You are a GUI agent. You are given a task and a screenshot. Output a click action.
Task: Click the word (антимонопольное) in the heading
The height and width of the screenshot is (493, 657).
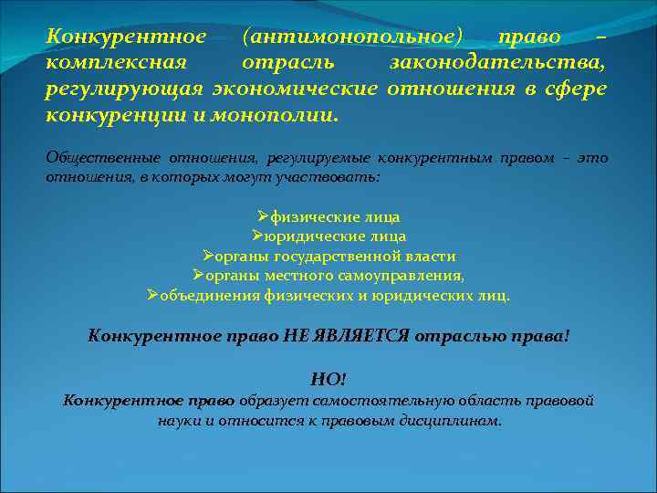(353, 37)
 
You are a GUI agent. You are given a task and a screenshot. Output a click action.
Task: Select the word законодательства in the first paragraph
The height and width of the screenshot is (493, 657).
(497, 63)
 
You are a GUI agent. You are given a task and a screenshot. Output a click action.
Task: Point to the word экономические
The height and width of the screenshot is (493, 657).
(295, 89)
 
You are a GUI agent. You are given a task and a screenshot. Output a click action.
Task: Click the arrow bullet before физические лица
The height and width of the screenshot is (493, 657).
(263, 216)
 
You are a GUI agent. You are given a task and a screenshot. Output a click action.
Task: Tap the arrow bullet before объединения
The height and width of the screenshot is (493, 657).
(152, 295)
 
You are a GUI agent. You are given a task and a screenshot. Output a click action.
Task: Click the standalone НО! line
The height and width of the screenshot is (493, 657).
(328, 379)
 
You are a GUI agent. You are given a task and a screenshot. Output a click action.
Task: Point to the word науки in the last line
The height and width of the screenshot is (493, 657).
(178, 421)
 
